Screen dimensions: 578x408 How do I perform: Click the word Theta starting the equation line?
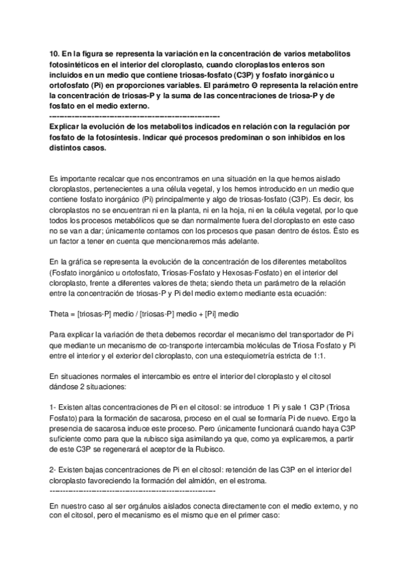click(61, 316)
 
